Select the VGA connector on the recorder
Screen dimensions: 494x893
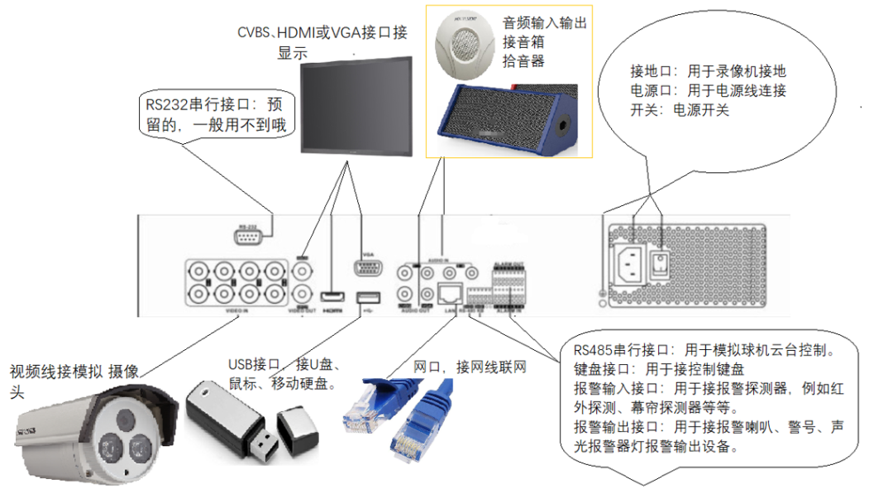[368, 269]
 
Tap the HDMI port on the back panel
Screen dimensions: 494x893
[332, 297]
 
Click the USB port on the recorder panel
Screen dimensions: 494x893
[368, 297]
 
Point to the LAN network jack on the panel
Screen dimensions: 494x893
[450, 292]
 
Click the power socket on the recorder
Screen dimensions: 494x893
[630, 265]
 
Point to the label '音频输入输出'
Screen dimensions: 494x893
[545, 24]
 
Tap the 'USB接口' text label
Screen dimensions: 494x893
[252, 366]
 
